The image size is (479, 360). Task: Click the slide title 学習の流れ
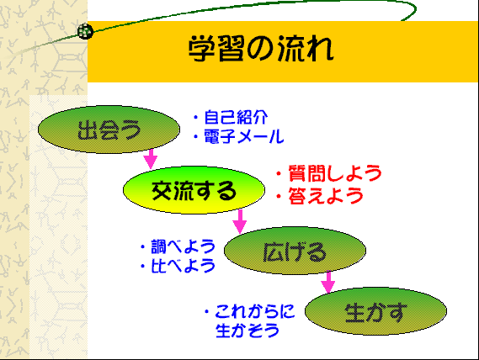[x=261, y=49]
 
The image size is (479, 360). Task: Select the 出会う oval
[x=109, y=130]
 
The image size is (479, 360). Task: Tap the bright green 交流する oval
[x=194, y=190]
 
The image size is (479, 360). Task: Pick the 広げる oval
[x=295, y=251]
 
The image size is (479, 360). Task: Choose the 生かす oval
[x=375, y=311]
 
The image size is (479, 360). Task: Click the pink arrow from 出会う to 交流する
[x=151, y=159]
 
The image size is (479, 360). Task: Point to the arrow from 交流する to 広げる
[x=240, y=221]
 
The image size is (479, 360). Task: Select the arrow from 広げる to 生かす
[x=328, y=282]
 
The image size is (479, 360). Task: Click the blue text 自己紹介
[x=236, y=117]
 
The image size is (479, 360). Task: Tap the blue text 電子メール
[x=244, y=136]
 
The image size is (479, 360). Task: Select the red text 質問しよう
[x=335, y=173]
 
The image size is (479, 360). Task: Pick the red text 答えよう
[x=326, y=195]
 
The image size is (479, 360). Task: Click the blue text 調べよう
[x=184, y=246]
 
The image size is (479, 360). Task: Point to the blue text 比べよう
[x=184, y=266]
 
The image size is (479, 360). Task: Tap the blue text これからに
[x=255, y=311]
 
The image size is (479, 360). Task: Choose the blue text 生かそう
[x=247, y=331]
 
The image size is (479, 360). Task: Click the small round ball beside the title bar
[x=85, y=31]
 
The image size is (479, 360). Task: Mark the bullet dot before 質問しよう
[x=279, y=174]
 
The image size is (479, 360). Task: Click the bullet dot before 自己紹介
[x=196, y=118]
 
